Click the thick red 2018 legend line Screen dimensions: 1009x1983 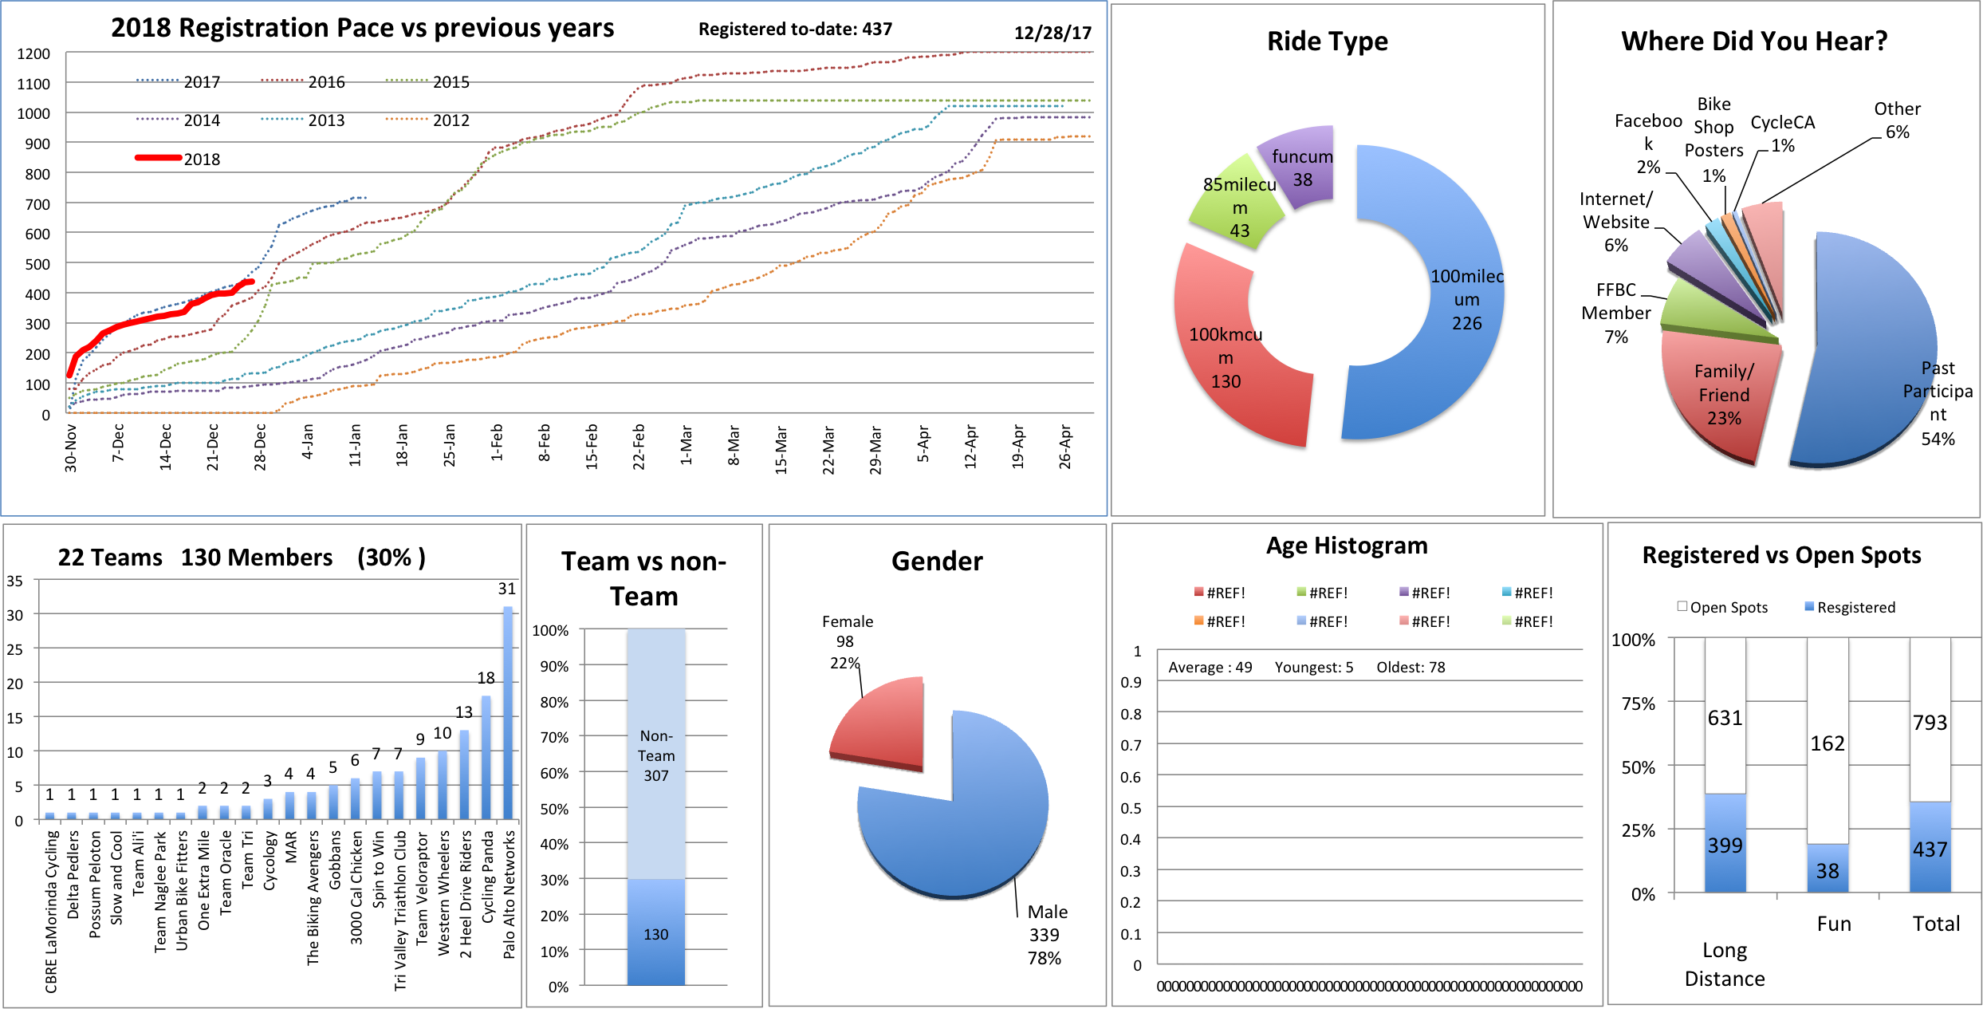tap(159, 158)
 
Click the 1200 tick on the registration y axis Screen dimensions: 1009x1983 tap(33, 54)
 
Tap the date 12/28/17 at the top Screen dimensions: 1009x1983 tap(1052, 34)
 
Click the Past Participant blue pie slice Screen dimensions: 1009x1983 tap(1866, 351)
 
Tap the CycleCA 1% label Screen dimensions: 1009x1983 tap(1783, 133)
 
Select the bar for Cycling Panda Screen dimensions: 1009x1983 tap(486, 758)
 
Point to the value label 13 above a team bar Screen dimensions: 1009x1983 tap(464, 712)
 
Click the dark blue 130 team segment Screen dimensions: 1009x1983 tap(655, 933)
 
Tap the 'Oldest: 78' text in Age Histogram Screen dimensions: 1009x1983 tap(1411, 668)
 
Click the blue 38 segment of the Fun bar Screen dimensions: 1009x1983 tap(1828, 869)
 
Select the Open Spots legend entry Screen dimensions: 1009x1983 tap(1722, 608)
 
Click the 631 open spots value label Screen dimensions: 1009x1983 tap(1725, 718)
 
